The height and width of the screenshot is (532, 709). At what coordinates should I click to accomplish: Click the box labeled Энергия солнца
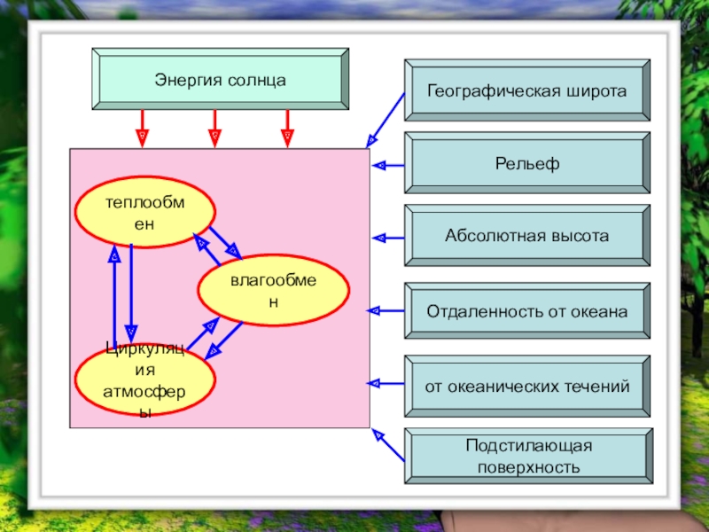(x=220, y=79)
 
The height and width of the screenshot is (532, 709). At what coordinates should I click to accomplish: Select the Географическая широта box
(x=527, y=90)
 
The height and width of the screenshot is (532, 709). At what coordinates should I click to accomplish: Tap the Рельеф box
(x=527, y=163)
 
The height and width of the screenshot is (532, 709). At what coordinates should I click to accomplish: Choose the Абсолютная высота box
(x=527, y=236)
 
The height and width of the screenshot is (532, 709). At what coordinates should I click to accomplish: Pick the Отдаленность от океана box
(x=527, y=311)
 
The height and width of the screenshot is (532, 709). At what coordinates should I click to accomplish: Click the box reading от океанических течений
(x=527, y=387)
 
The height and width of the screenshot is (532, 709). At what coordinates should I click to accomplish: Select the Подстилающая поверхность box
(x=528, y=456)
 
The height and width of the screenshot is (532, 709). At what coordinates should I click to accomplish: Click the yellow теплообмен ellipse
(x=144, y=212)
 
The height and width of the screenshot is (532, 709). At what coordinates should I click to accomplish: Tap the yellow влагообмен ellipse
(x=274, y=291)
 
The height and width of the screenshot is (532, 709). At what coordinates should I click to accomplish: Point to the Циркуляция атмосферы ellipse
(x=144, y=380)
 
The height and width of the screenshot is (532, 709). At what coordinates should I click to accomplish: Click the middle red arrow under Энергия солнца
(x=214, y=129)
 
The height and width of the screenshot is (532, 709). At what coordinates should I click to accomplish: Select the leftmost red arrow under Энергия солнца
(x=142, y=129)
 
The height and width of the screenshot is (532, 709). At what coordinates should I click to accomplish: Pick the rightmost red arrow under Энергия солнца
(x=287, y=129)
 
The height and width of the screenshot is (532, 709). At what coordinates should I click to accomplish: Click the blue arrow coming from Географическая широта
(x=386, y=121)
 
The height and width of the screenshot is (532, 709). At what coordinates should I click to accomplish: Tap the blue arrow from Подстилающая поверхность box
(x=388, y=445)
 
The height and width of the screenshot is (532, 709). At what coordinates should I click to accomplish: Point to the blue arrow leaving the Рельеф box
(x=388, y=166)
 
